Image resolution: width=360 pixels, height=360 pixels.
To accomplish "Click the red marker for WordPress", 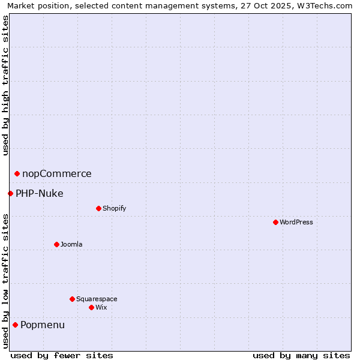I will coord(275,222).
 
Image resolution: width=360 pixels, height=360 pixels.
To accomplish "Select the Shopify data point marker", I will coord(98,208).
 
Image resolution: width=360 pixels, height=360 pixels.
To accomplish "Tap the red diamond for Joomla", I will coord(56,244).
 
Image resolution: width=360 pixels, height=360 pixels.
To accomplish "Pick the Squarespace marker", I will coord(72,299).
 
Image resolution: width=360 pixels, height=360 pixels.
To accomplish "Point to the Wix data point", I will coord(91,307).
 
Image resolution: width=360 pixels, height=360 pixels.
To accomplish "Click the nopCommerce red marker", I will coord(17,173).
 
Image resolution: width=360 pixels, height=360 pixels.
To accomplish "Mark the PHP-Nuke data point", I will coord(10,193).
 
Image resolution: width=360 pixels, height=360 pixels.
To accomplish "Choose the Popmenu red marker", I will coord(15,325).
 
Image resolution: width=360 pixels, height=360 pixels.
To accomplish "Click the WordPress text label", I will coord(296,222).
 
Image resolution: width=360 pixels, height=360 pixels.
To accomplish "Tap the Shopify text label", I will coord(114,208).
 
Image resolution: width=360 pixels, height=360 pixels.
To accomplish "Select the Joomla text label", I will coord(71,244).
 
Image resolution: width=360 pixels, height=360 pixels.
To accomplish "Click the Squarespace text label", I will coord(97,299).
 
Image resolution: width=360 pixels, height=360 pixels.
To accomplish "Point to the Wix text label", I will coord(101,307).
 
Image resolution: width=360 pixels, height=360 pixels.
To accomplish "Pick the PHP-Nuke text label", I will coord(40,193).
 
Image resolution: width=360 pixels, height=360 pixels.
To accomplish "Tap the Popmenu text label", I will coord(43,325).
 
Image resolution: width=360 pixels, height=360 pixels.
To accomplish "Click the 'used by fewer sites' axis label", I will coord(62,355).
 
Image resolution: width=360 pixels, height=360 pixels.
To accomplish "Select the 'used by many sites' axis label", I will coord(301,355).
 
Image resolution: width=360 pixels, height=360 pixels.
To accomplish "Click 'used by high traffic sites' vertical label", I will coord(5,85).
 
